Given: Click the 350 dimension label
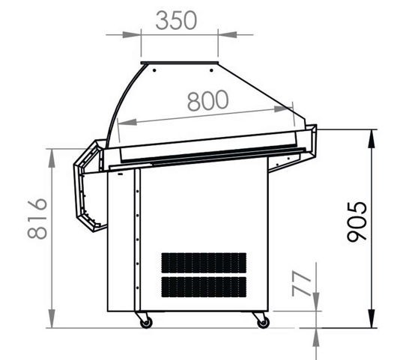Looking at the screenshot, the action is [x=176, y=20].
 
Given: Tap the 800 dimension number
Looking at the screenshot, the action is [x=207, y=100].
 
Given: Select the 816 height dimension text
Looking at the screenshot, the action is [x=37, y=219].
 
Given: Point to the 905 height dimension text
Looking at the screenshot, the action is [x=357, y=222].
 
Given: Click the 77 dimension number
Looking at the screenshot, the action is [x=302, y=284].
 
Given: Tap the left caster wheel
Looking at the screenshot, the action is [x=146, y=323].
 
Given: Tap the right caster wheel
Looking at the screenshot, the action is [x=263, y=323].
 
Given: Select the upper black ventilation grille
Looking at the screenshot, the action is [x=204, y=263].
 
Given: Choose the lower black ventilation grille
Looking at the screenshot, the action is [x=204, y=287].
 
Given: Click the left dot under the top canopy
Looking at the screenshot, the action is [x=154, y=70].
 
